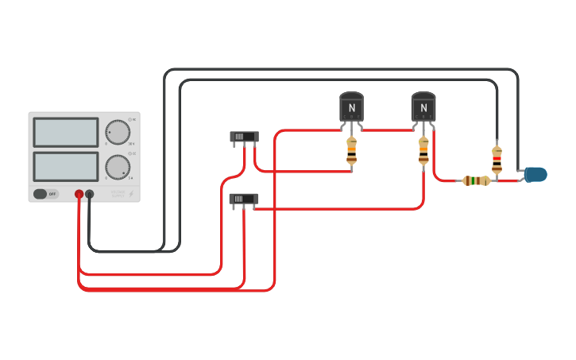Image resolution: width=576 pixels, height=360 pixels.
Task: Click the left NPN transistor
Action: [x=351, y=107]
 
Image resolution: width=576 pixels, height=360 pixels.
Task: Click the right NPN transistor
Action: [x=423, y=107]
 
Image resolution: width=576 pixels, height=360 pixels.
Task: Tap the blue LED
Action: [x=536, y=174]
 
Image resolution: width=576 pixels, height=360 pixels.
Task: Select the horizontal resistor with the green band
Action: [x=476, y=181]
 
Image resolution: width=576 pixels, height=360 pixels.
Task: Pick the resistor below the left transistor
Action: [x=351, y=150]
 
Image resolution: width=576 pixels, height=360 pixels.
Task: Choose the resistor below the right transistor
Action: [x=423, y=150]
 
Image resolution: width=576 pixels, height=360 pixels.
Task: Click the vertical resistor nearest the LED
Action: [x=497, y=160]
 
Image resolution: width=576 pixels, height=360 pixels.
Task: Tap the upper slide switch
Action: [x=244, y=137]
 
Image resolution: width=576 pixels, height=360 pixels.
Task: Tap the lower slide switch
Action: [x=243, y=199]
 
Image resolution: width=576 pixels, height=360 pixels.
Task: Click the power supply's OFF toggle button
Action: [x=45, y=194]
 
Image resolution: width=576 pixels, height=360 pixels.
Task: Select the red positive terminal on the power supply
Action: [x=79, y=194]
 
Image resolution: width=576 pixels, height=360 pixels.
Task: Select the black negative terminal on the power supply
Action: [x=90, y=194]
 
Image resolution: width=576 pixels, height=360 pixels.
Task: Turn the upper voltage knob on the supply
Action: [x=118, y=132]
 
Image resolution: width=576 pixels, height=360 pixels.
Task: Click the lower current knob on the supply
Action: [x=118, y=167]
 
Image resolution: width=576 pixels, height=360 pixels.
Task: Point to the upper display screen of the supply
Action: [x=66, y=133]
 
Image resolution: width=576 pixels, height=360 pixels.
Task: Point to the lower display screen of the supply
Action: [x=66, y=167]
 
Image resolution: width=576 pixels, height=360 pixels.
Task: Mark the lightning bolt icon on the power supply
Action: [x=131, y=194]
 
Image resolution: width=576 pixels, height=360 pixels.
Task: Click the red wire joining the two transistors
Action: [x=387, y=130]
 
